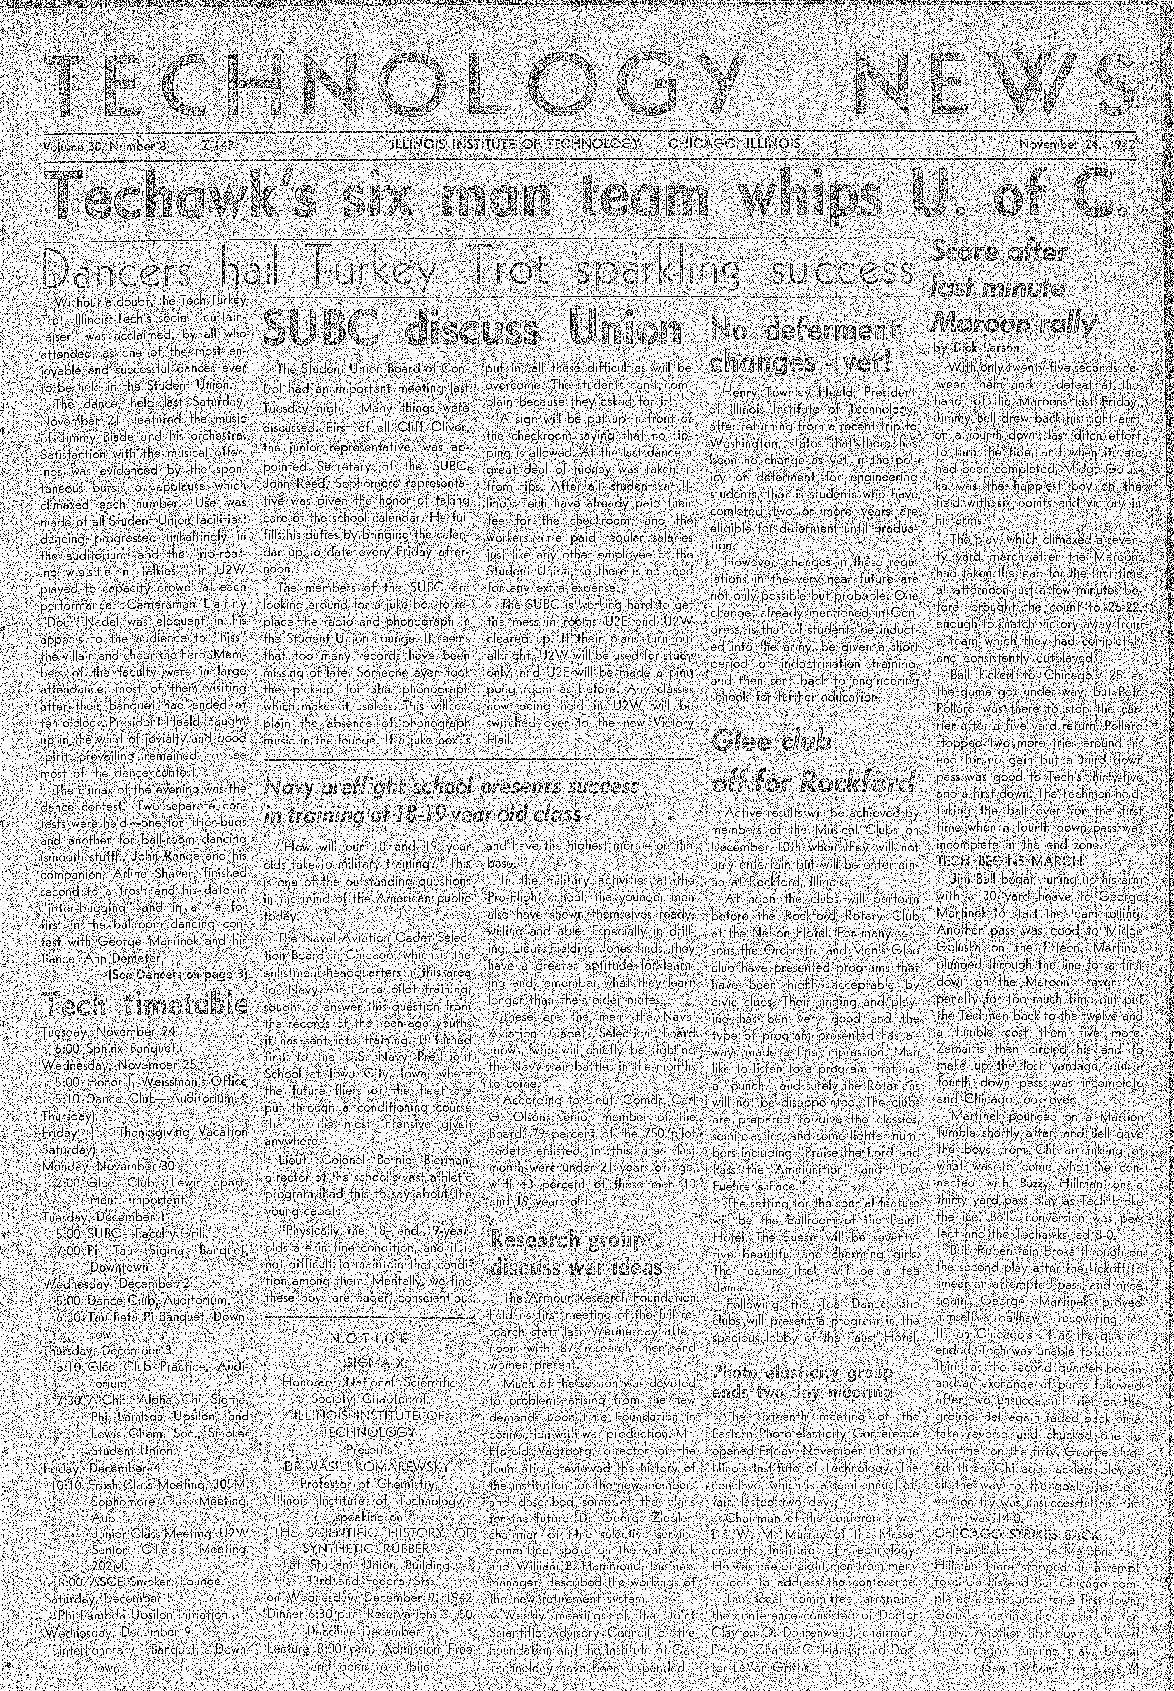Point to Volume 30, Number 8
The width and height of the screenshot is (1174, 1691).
(x=105, y=145)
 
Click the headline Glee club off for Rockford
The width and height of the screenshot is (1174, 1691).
(x=813, y=761)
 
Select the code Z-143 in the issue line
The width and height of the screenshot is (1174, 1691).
(x=217, y=145)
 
